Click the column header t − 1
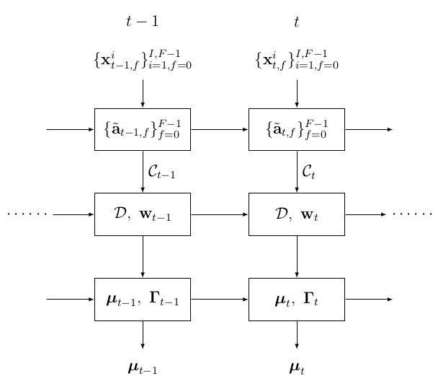(142, 22)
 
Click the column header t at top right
(296, 22)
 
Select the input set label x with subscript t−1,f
(142, 60)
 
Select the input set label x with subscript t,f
(296, 60)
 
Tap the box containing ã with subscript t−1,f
(142, 129)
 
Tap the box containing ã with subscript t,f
(296, 129)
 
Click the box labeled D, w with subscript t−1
(142, 214)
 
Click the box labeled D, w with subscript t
(296, 214)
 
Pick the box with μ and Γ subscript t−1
(142, 299)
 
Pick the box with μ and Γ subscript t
(296, 299)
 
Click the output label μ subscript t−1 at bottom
(142, 369)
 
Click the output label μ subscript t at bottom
(296, 369)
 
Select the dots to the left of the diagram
(27, 214)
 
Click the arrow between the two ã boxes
(219, 129)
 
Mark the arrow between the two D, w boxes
(219, 214)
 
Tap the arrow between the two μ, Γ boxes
(219, 299)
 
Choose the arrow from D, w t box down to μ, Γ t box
(296, 256)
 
